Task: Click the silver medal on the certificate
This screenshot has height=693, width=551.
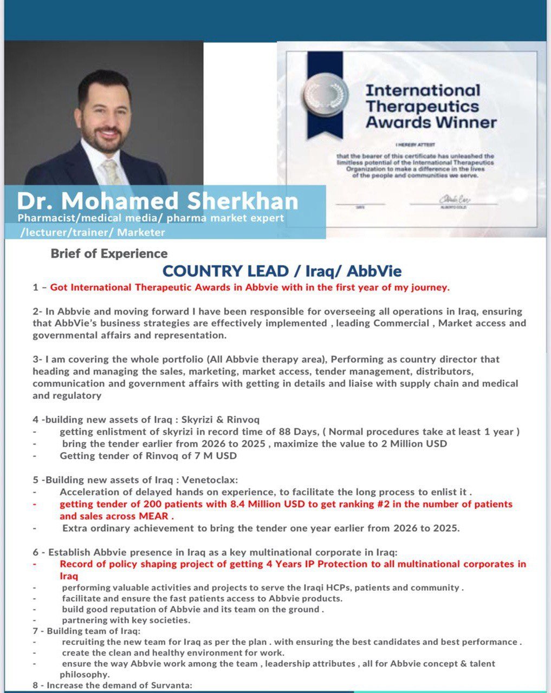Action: click(325, 93)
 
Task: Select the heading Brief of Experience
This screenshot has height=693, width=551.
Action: click(109, 253)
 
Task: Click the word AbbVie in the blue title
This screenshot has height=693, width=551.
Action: click(374, 271)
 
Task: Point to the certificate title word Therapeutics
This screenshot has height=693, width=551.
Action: click(422, 106)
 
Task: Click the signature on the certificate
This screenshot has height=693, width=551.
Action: click(451, 200)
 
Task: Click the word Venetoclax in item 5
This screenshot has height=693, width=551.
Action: click(212, 480)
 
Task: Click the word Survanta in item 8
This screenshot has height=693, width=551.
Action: click(171, 685)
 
